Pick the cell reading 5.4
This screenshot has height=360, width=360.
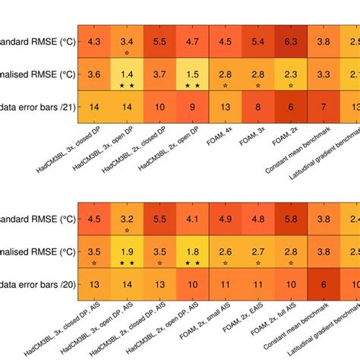[x=257, y=42]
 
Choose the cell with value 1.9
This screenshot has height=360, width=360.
[x=127, y=253]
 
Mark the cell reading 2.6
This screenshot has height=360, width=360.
[x=225, y=253]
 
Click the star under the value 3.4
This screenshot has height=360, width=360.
[x=127, y=52]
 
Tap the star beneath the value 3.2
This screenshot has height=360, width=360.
[x=127, y=230]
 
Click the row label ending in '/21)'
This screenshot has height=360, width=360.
[x=34, y=108]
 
